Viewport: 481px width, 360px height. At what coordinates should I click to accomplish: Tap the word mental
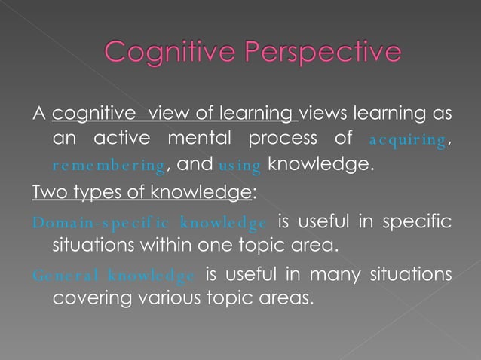click(x=199, y=139)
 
